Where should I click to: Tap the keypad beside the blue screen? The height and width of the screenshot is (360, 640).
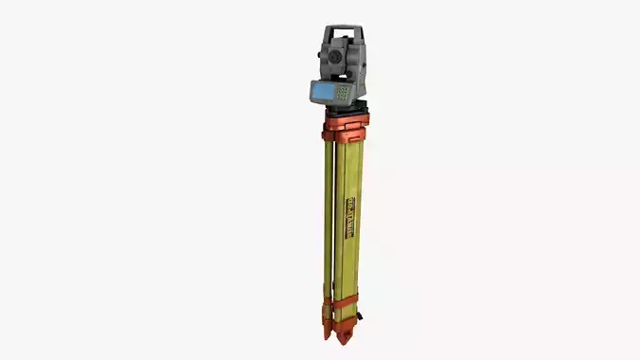pos(342,93)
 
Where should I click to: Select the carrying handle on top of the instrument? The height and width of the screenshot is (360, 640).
pos(344,30)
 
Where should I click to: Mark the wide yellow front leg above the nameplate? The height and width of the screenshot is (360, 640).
pos(347,171)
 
